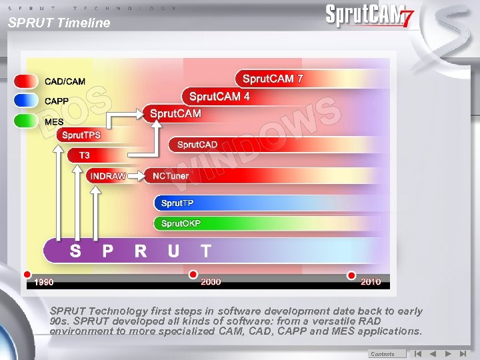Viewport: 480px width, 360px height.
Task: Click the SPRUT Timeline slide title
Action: [59, 23]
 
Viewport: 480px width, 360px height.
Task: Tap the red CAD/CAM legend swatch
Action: [27, 81]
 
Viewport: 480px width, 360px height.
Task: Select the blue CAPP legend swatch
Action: [27, 101]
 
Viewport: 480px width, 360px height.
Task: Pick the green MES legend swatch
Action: [27, 121]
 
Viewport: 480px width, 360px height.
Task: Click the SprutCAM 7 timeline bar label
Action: [273, 79]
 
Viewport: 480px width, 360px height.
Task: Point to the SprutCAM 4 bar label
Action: [219, 97]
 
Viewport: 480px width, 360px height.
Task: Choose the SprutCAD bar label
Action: [197, 145]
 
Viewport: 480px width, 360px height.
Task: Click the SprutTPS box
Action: [81, 135]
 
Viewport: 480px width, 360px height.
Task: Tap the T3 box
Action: [85, 155]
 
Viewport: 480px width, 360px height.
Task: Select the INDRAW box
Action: [107, 176]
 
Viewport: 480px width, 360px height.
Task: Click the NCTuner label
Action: [171, 176]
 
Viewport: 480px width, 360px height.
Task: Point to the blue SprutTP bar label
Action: [177, 203]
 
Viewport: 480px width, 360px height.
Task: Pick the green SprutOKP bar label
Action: [181, 223]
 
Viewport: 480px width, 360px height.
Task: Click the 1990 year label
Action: [44, 282]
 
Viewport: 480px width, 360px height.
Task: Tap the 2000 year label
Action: [211, 282]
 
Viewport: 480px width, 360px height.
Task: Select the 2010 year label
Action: [371, 282]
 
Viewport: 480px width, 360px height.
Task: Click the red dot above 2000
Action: [193, 274]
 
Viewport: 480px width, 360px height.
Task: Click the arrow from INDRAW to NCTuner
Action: [137, 176]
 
